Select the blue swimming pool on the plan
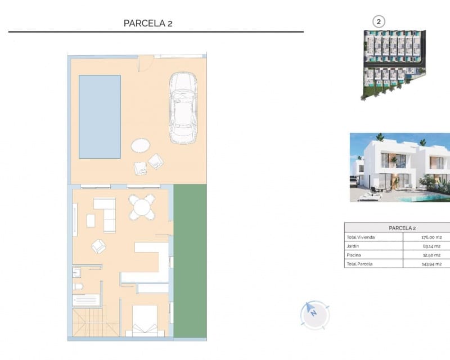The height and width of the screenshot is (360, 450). click(100, 116)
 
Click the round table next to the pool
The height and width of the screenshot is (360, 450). click(140, 146)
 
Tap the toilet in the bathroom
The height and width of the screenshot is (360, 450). click(78, 287)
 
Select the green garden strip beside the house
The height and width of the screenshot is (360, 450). click(190, 262)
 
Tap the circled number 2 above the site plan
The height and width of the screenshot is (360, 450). click(379, 21)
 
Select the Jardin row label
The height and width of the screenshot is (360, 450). click(353, 246)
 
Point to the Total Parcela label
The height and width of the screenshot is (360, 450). click(360, 264)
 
